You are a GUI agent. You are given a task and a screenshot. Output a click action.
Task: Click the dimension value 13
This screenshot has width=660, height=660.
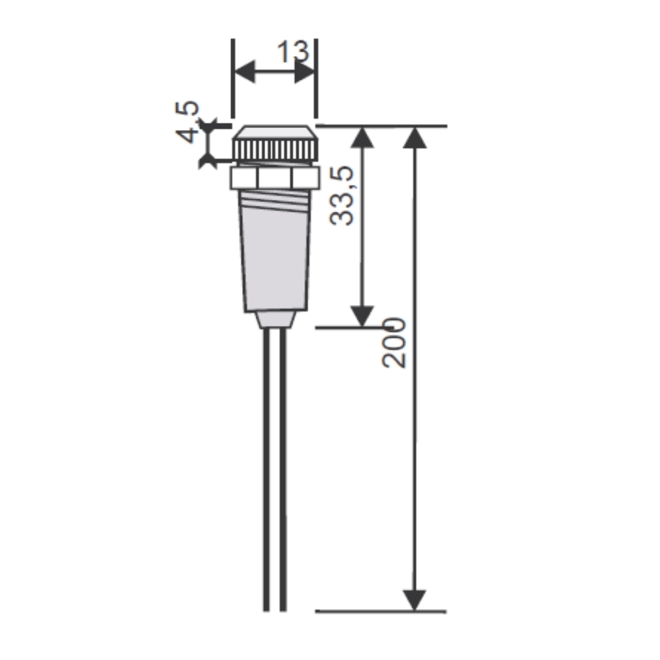pos(293,51)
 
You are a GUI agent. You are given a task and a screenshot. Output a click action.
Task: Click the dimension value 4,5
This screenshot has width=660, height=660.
pos(187,121)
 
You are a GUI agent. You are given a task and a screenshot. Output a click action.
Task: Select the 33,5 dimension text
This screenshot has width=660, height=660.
pos(341,196)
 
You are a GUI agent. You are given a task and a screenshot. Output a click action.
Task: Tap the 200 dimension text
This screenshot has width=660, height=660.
pos(394,343)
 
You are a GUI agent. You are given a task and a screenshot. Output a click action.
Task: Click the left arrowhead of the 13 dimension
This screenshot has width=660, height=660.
pos(245,71)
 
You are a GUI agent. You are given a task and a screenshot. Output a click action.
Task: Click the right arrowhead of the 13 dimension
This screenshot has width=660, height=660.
pos(304,71)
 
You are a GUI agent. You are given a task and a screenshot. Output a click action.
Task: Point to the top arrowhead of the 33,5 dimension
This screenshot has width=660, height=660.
pos(362,137)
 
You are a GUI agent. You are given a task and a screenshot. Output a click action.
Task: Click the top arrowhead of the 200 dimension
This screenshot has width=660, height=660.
pos(414,137)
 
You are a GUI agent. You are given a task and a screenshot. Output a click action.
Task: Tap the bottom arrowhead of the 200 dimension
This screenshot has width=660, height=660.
pos(414,600)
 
